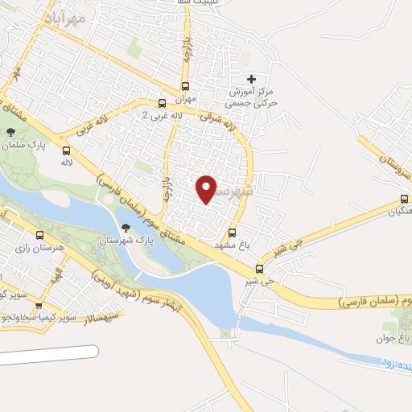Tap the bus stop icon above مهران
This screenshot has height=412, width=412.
click(x=186, y=86)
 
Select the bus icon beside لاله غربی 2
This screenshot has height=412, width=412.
click(x=162, y=102)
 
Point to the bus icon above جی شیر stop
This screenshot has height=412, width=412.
click(x=259, y=269)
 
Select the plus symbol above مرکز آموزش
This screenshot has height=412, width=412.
click(x=252, y=79)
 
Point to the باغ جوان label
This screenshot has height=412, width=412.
click(x=396, y=340)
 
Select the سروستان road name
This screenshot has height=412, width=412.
click(x=385, y=157)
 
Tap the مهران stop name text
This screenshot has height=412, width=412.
click(x=186, y=100)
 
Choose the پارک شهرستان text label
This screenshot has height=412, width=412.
click(x=123, y=241)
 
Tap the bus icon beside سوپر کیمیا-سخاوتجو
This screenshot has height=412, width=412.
click(x=39, y=305)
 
